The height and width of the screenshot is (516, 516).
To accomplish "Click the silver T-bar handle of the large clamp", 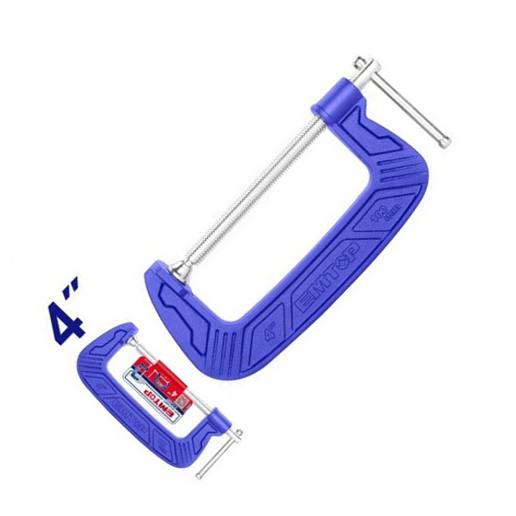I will [x=402, y=100].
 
